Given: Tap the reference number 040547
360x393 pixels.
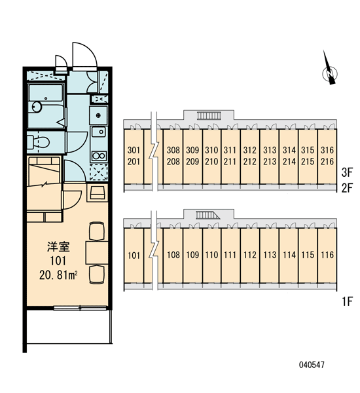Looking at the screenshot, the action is (x=312, y=365).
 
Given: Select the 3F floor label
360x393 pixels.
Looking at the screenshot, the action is (x=347, y=172).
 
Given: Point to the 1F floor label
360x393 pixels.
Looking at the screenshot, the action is (x=348, y=301).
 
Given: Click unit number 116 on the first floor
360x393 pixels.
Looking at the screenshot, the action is (x=327, y=255).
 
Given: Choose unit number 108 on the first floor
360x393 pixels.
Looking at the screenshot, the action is (x=173, y=255).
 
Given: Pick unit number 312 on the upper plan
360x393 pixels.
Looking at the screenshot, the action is (x=250, y=150).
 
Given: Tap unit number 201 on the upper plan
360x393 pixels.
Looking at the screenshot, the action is (x=134, y=162).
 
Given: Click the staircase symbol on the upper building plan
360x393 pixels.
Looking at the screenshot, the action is (x=209, y=115).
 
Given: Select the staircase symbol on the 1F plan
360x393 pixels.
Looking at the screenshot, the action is (x=207, y=215).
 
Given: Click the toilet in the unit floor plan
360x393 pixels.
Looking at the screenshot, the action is (x=38, y=142).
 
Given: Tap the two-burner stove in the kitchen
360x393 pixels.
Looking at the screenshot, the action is (x=99, y=156).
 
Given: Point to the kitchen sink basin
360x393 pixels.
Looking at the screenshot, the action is (x=98, y=132).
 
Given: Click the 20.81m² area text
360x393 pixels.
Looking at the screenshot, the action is (x=58, y=276).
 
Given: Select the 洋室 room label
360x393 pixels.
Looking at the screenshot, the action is (x=58, y=247).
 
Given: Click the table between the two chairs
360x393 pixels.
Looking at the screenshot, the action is (x=97, y=253).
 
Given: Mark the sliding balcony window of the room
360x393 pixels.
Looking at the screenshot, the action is (x=81, y=308).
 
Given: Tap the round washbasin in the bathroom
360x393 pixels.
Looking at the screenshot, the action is (x=37, y=107).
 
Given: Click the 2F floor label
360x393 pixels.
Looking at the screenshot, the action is (x=347, y=188).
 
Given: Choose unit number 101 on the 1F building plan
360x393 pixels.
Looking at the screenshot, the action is (x=134, y=255).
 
